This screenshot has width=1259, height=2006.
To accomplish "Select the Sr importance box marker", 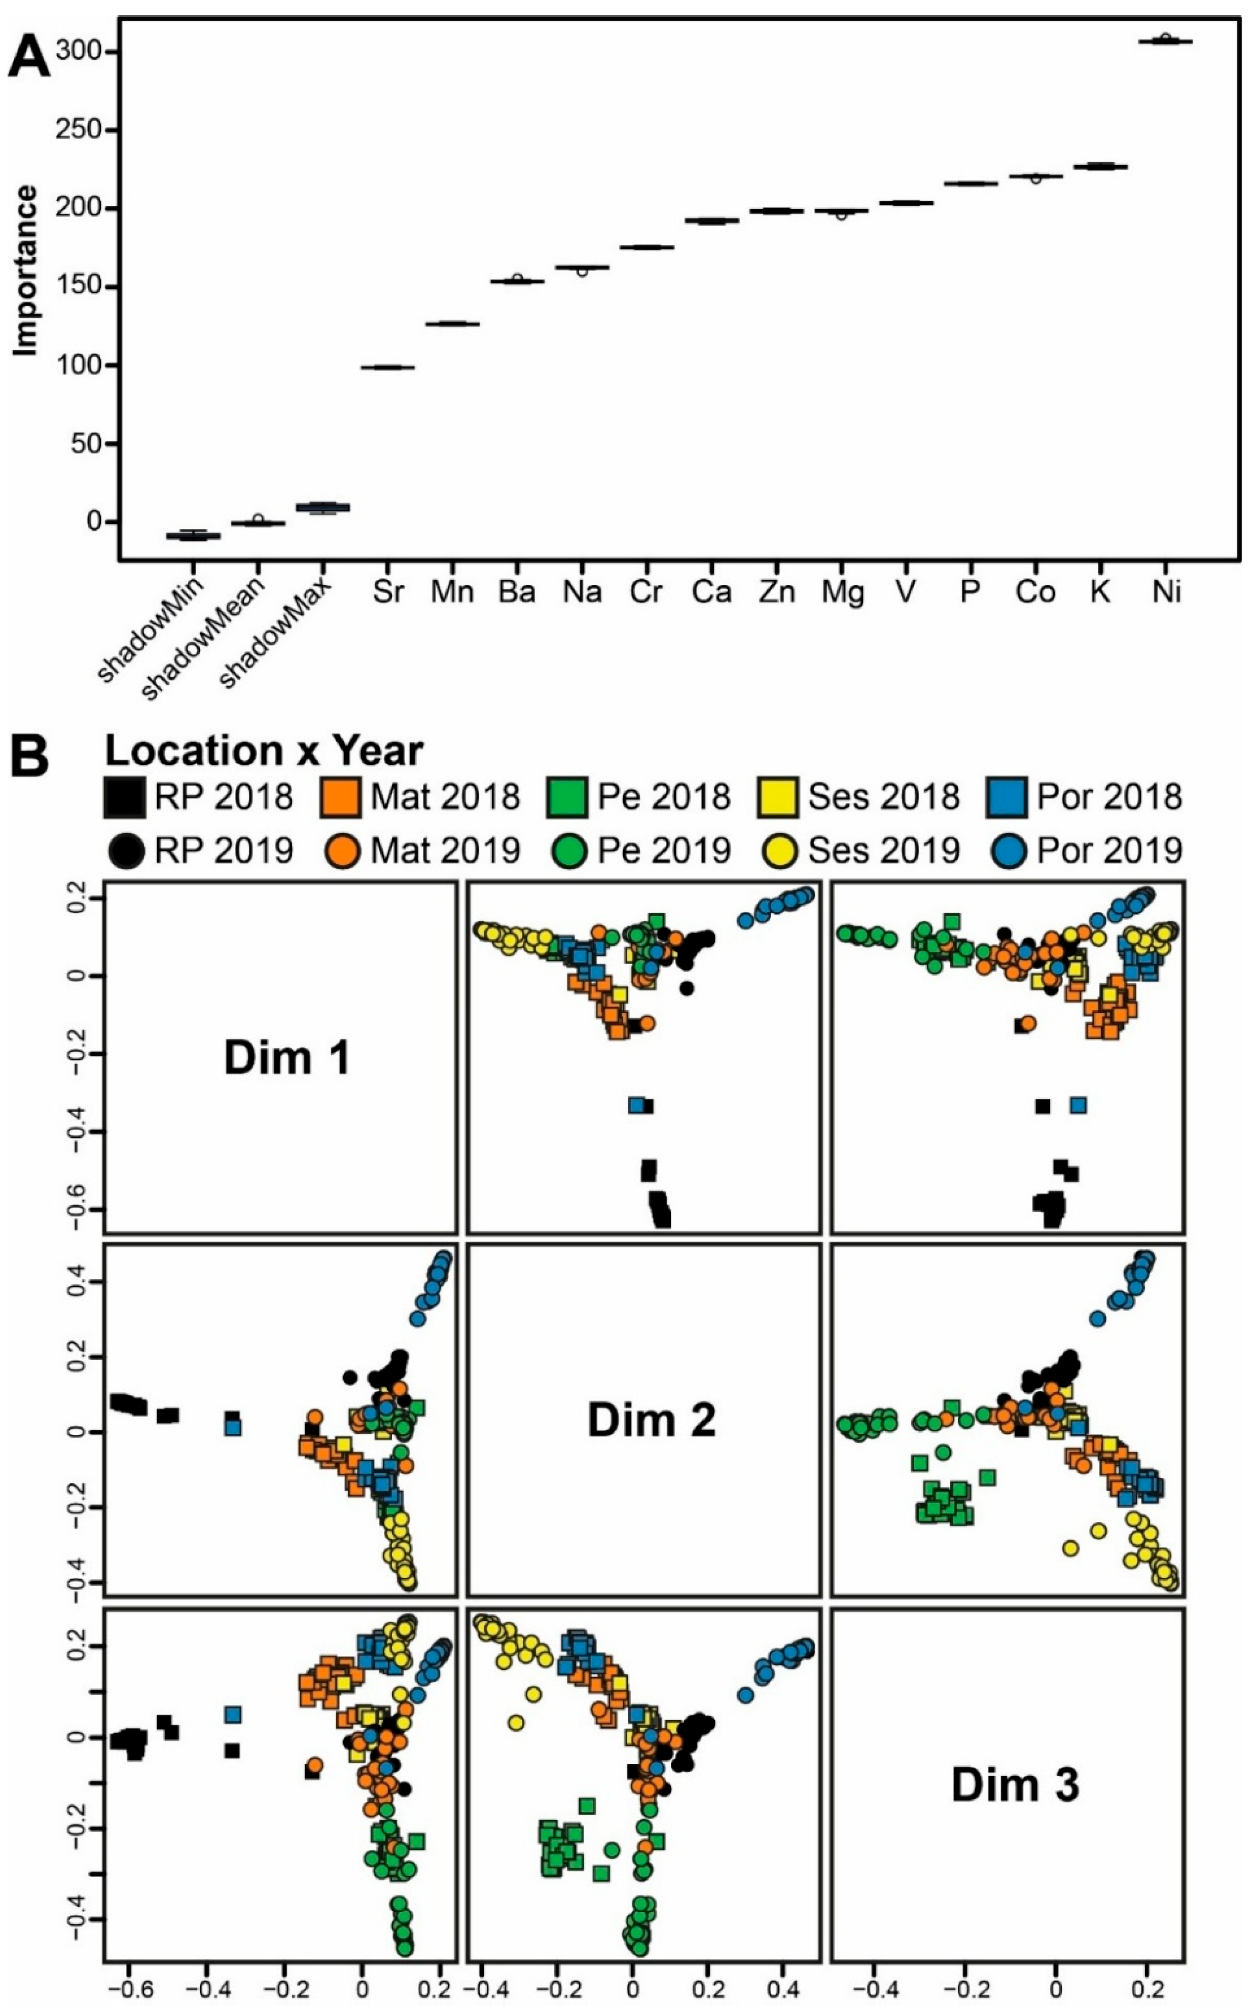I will click(387, 367).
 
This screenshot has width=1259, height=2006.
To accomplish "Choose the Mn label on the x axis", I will click(452, 592).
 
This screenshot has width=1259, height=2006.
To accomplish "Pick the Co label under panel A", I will click(1035, 592).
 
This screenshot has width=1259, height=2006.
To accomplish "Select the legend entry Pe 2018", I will click(639, 797).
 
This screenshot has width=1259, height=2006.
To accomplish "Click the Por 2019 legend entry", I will click(1087, 850).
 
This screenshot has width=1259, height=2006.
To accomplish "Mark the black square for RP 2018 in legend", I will click(124, 797).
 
